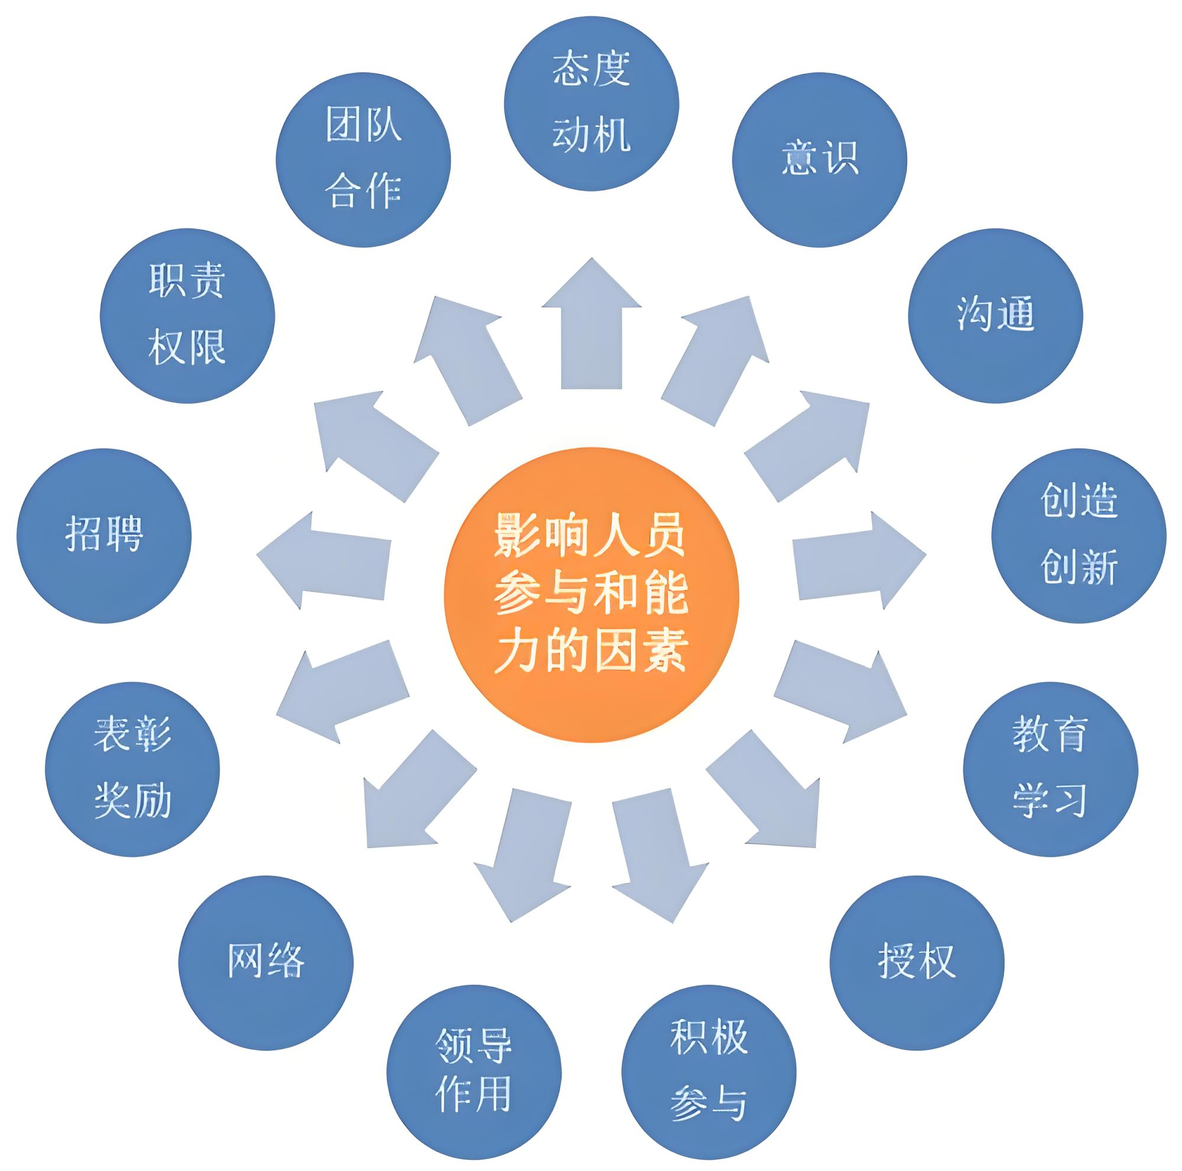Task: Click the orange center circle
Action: (x=591, y=595)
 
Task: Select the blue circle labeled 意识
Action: (x=819, y=160)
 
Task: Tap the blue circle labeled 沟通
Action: (x=995, y=315)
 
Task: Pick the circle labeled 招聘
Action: (x=104, y=536)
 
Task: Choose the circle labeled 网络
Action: (x=266, y=962)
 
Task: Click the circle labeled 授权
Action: (x=917, y=962)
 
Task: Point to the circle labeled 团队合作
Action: (x=363, y=160)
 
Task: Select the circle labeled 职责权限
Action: (x=187, y=315)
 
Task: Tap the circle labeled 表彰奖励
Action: (x=132, y=769)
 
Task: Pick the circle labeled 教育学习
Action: (x=1050, y=769)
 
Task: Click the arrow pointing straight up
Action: (x=591, y=323)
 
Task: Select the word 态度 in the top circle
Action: (x=591, y=69)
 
